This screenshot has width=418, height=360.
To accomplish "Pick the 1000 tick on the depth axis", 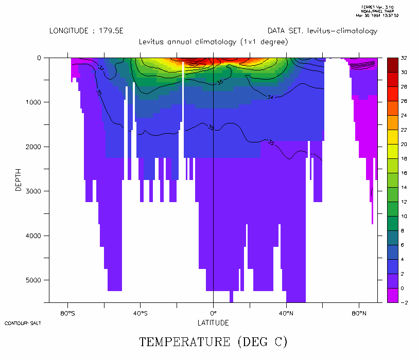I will tap(34, 102).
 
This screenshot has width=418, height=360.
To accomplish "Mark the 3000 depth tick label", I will tap(34, 191).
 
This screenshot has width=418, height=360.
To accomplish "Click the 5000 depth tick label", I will tap(34, 280).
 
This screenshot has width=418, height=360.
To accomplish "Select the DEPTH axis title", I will tap(19, 181).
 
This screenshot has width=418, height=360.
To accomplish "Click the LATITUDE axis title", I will tap(213, 323).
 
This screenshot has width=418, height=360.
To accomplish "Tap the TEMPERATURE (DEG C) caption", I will tap(213, 341).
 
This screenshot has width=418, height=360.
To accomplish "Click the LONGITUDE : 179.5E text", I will tap(86, 31).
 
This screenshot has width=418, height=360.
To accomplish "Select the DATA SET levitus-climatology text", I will tap(322, 31).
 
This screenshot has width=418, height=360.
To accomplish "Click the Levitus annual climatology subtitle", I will tap(213, 42).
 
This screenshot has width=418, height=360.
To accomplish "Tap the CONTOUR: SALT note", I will tap(23, 323).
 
